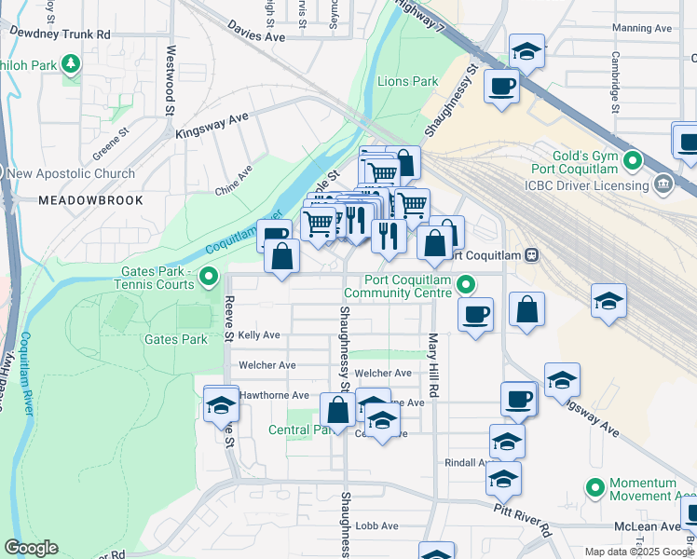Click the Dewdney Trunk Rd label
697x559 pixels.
[x=61, y=34]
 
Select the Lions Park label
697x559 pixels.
[x=407, y=82]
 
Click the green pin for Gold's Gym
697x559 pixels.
[x=634, y=160]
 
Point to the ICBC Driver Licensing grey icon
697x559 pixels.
[x=663, y=184]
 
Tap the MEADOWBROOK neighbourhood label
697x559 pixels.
[x=90, y=200]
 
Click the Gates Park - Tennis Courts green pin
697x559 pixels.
[x=210, y=276]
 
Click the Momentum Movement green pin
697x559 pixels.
[x=594, y=487]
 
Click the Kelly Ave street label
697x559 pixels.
[x=259, y=334]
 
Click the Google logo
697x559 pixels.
[x=31, y=548]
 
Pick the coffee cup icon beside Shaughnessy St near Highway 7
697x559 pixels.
[x=502, y=86]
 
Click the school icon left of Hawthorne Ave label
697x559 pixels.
[x=221, y=403]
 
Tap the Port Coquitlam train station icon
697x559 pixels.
[x=531, y=254]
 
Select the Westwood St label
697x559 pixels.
[x=171, y=81]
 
